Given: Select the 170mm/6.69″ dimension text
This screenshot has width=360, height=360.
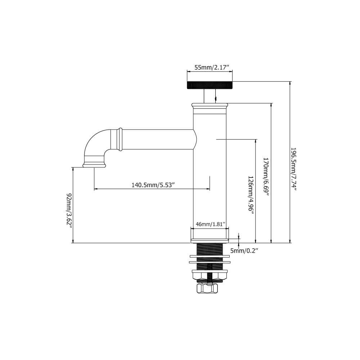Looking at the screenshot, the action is point(266,177).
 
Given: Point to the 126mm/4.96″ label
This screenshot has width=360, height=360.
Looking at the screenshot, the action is point(251,195).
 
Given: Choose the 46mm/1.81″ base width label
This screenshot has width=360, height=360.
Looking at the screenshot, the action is point(210,224).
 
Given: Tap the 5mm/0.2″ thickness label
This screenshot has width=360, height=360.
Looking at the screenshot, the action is point(244,251).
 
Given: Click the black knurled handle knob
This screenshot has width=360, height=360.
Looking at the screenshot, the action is point(210,85).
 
